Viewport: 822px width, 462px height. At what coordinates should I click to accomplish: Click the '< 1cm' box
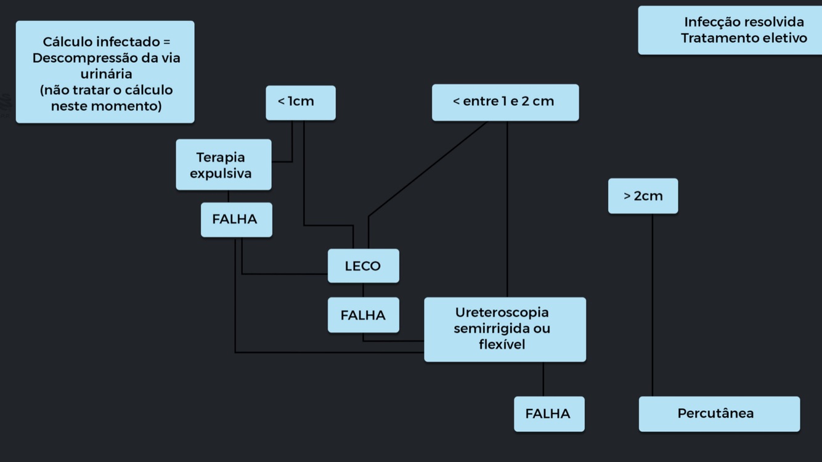click(x=301, y=102)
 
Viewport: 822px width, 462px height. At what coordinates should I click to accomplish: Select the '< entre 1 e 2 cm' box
click(x=505, y=102)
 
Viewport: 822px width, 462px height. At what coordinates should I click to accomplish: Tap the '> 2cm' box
click(x=643, y=196)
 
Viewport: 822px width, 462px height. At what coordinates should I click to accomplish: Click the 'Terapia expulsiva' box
click(x=223, y=164)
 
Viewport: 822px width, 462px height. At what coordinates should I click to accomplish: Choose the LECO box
click(x=363, y=266)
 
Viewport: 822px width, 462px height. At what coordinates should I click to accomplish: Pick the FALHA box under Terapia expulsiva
click(x=236, y=219)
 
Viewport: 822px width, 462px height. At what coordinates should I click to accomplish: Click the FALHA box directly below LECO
click(x=363, y=315)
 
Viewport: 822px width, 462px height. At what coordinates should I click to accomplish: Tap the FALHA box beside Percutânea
click(x=548, y=414)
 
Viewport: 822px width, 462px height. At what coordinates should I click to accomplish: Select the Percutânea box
click(x=718, y=414)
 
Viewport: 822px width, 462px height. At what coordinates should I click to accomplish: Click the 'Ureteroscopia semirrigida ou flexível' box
click(x=505, y=329)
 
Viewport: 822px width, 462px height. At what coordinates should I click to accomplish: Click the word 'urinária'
click(x=106, y=74)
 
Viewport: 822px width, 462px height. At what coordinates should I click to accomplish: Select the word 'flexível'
click(x=502, y=345)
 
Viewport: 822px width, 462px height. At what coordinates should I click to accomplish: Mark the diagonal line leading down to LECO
click(x=428, y=169)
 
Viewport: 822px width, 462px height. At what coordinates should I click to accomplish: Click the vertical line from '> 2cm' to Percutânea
click(x=653, y=305)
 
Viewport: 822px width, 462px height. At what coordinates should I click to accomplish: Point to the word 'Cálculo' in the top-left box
click(x=67, y=42)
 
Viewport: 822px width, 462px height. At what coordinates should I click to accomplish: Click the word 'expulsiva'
click(x=221, y=174)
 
